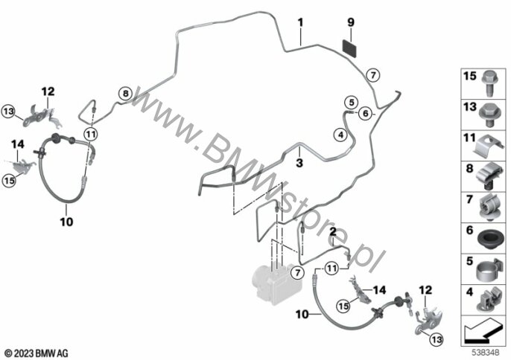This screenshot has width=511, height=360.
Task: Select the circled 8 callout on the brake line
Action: pos(125,94)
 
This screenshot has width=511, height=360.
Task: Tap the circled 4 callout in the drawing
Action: pos(340,135)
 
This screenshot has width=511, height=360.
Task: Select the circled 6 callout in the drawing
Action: pos(364,113)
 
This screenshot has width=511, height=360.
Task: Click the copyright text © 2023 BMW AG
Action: pos(36,351)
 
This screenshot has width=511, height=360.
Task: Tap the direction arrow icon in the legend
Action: pos(483,327)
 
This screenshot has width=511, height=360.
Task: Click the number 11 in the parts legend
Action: pos(471,138)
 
